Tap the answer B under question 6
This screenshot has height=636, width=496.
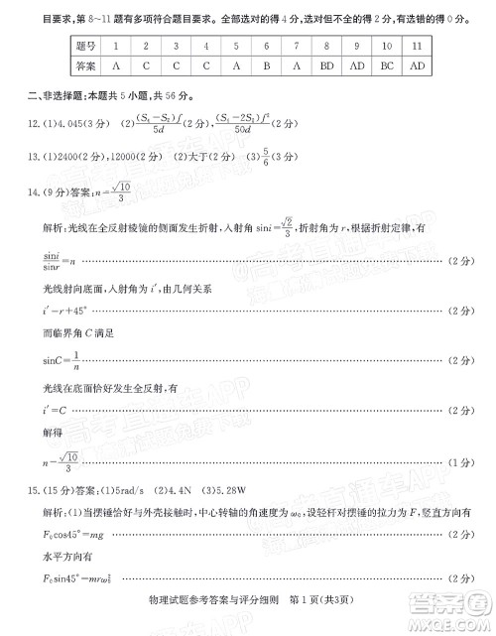(267, 65)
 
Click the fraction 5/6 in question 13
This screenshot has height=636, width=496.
(236, 156)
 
